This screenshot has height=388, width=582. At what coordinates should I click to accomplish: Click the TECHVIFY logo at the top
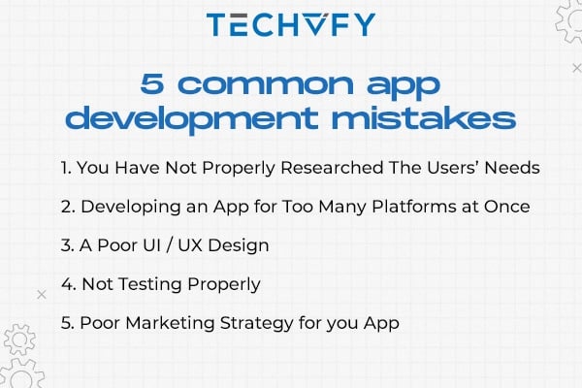tap(290, 25)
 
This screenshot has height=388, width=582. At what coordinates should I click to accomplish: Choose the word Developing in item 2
tap(126, 207)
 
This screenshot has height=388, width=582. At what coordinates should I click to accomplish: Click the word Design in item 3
tap(238, 245)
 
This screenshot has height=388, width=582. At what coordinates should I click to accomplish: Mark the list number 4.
tap(65, 284)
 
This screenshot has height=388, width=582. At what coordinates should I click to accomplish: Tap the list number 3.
tap(65, 245)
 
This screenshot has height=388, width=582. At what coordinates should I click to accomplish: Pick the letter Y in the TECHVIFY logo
tap(364, 25)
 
